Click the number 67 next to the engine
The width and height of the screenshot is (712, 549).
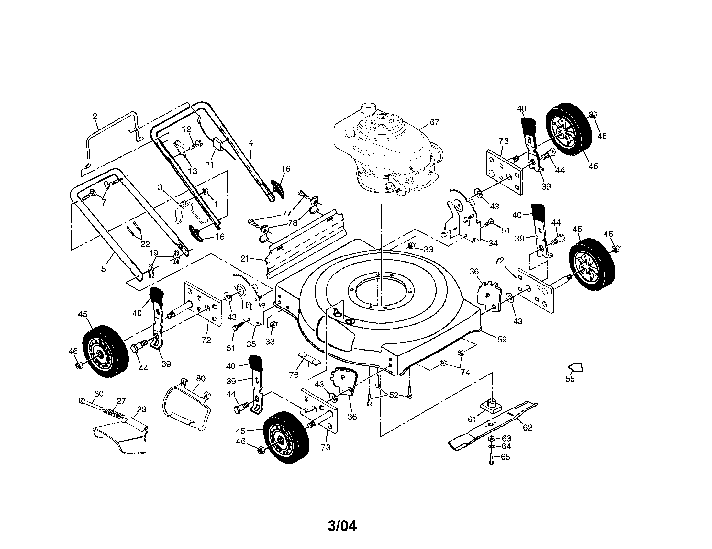click(x=434, y=122)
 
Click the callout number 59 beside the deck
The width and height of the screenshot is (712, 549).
click(x=502, y=339)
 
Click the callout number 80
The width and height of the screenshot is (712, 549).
click(x=201, y=378)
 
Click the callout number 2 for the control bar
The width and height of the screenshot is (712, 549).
click(x=95, y=117)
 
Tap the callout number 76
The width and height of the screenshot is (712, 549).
click(x=294, y=375)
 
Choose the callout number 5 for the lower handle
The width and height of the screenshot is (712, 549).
click(x=103, y=269)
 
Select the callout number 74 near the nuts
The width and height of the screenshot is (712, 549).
click(x=465, y=372)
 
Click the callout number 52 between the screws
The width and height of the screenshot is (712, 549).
click(x=394, y=395)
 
